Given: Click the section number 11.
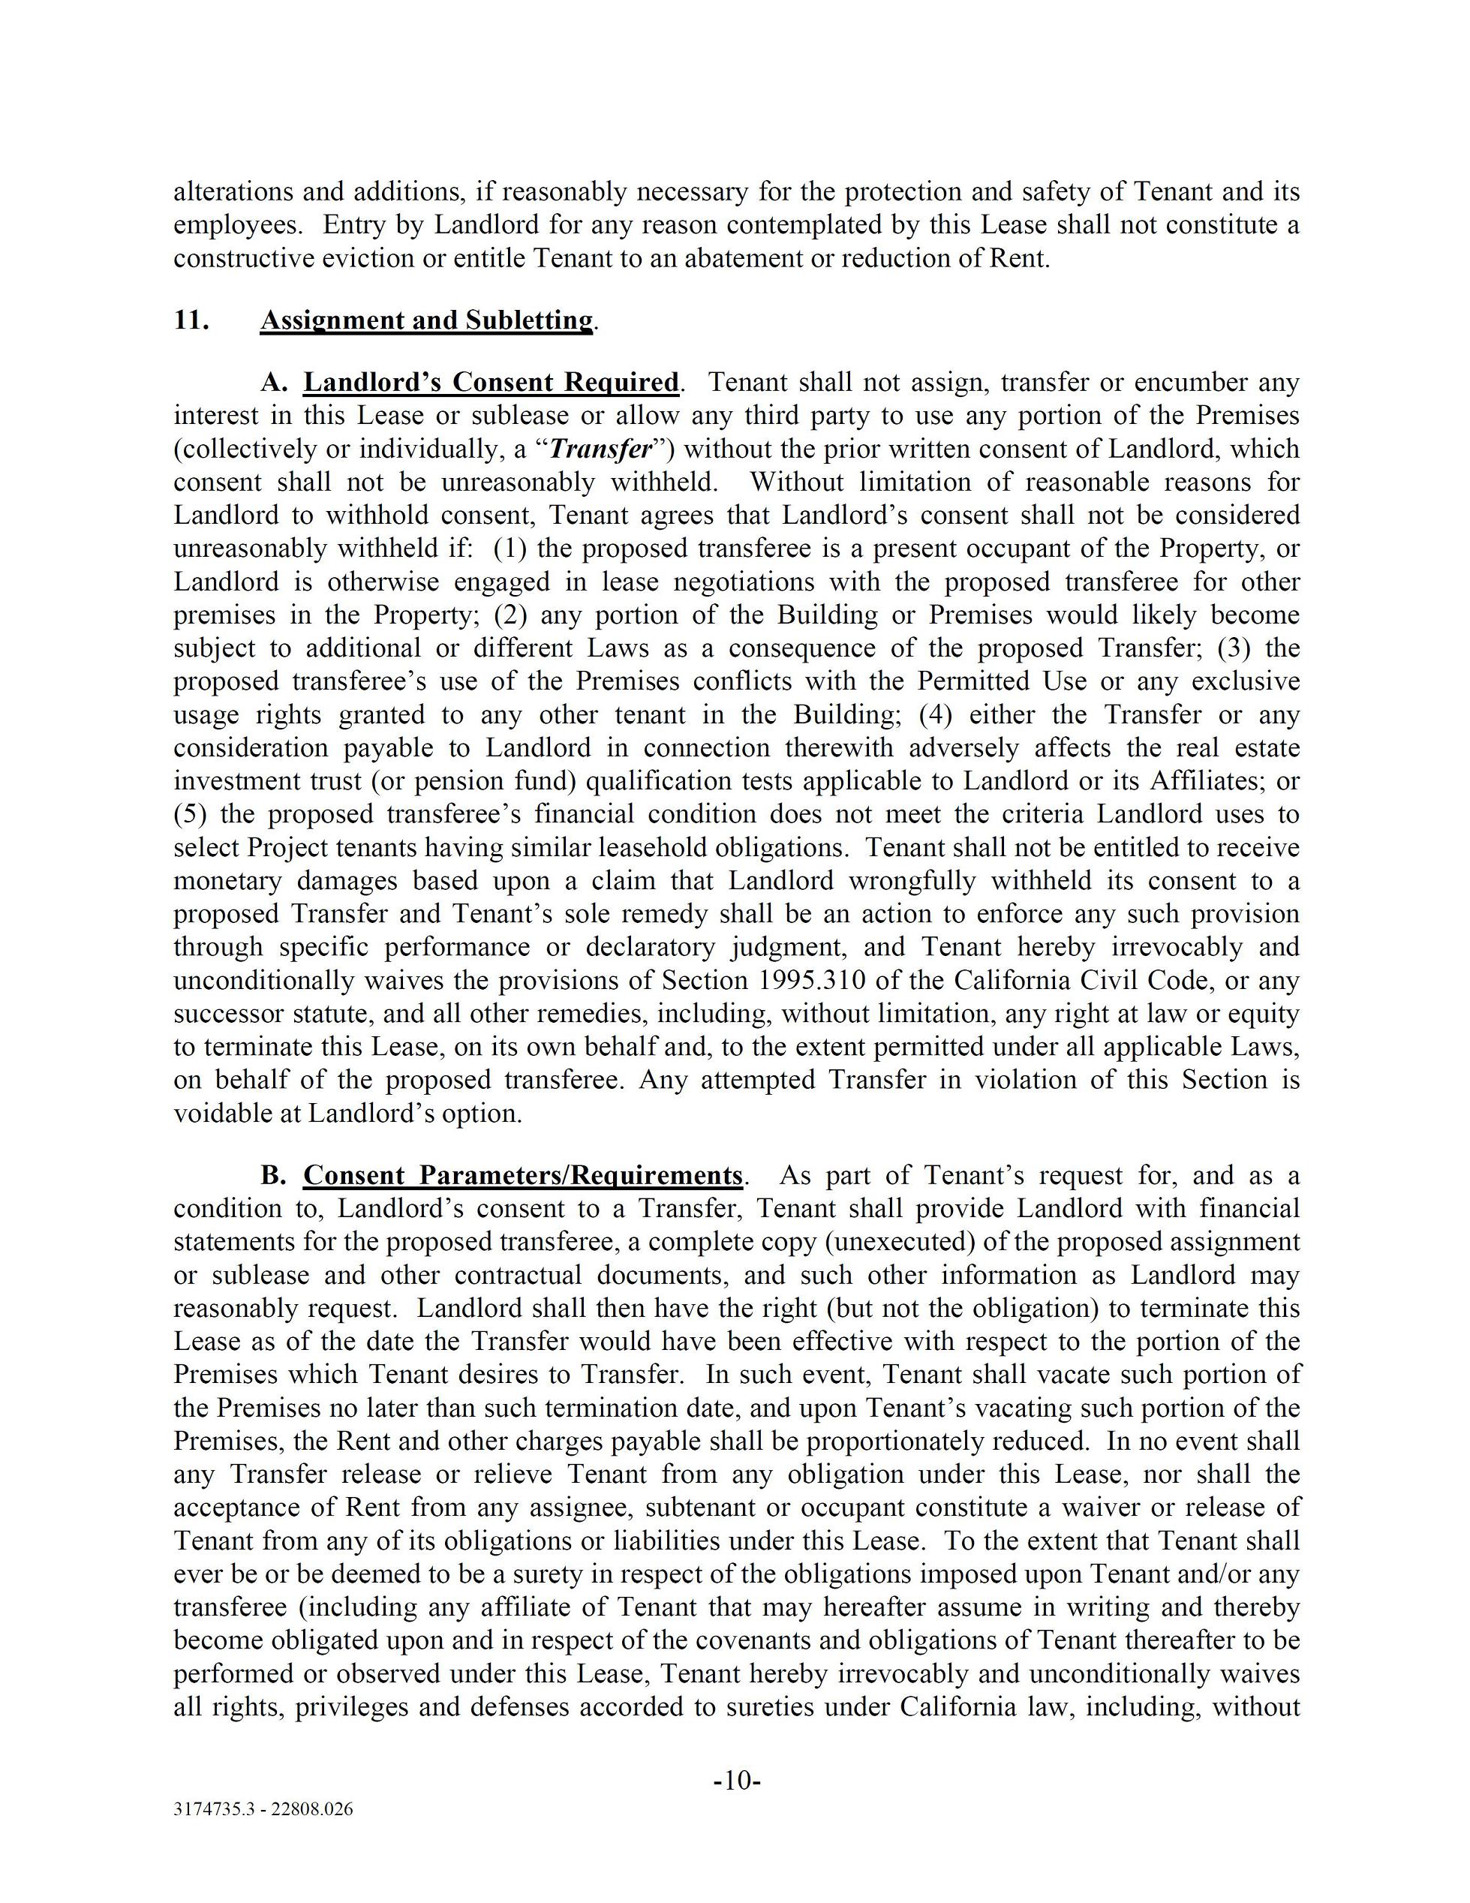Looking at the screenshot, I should [191, 320].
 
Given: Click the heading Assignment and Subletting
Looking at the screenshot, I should [427, 320].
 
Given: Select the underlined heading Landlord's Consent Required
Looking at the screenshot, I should [491, 383].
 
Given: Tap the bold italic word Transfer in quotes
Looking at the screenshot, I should [602, 449].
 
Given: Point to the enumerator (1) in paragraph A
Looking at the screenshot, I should [508, 549].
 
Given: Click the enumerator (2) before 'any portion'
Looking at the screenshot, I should [510, 615].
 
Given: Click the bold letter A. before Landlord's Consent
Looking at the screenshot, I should [274, 383].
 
